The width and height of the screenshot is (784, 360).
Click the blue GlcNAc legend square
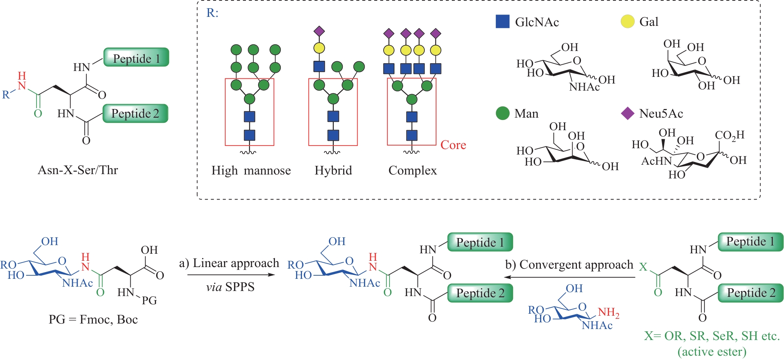pos(502,22)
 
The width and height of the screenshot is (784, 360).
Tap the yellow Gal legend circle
pos(628,22)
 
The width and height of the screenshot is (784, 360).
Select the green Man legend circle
pos(502,113)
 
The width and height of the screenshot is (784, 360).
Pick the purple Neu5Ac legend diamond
pos(628,113)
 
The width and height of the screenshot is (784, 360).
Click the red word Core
pos(453,145)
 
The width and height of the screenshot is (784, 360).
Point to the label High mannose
pos(251,171)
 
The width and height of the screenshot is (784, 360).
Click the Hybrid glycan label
pos(333,171)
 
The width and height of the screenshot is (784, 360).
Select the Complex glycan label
pos(413,171)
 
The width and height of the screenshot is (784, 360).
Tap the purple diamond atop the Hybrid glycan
pos(319,31)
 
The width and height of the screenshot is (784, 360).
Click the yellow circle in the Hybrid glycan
pos(319,48)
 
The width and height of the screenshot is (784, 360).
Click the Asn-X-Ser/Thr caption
pos(78,170)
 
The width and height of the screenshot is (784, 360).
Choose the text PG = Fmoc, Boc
pos(93,320)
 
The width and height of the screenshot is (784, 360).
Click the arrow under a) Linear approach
pos(231,275)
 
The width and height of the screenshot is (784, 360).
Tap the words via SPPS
pos(230,287)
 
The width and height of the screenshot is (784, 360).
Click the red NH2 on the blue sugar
pos(608,313)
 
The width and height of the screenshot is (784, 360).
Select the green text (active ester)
pos(712,352)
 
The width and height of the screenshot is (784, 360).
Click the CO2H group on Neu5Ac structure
pos(729,135)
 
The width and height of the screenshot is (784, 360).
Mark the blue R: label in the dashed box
pos(212,13)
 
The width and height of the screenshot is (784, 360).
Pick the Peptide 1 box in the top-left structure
pos(136,58)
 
